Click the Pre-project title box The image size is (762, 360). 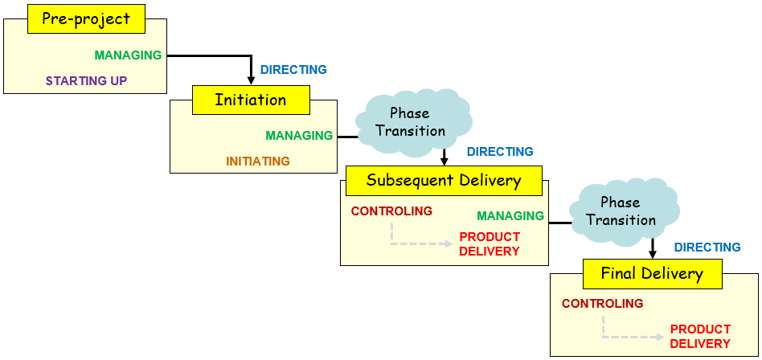point(87,19)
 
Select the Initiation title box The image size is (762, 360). point(251,100)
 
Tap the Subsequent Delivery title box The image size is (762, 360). point(444,181)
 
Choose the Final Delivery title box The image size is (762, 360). point(652,274)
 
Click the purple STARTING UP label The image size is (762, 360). point(87,80)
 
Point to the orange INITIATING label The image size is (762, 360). point(258,161)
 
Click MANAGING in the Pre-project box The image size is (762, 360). point(129,55)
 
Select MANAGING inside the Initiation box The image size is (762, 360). point(299,136)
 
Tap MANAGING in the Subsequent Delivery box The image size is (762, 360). point(510,215)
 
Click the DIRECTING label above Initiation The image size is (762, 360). point(294,69)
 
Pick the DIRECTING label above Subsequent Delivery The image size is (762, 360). point(500,152)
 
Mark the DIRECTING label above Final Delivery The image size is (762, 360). point(707,247)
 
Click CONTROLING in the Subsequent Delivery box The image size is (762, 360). point(391,211)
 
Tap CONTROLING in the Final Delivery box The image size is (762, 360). point(603,304)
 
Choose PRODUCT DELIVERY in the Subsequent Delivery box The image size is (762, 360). point(490,244)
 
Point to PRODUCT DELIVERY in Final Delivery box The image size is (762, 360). point(700,336)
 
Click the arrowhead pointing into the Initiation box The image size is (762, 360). point(251,80)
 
